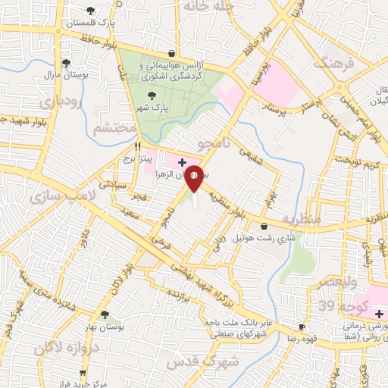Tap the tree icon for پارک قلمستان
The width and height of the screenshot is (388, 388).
pyautogui.click(x=91, y=10)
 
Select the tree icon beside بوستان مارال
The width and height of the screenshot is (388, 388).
pyautogui.click(x=66, y=64)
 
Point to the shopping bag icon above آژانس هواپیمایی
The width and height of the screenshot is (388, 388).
pyautogui.click(x=173, y=53)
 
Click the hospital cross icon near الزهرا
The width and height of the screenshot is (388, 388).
pyautogui.click(x=182, y=162)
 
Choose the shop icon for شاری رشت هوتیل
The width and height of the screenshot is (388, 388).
pyautogui.click(x=263, y=226)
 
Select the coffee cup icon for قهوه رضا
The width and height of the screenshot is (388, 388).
pyautogui.click(x=302, y=327)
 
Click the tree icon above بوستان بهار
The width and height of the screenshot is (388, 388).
pyautogui.click(x=105, y=315)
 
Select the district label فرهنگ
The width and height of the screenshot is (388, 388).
pyautogui.click(x=338, y=63)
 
